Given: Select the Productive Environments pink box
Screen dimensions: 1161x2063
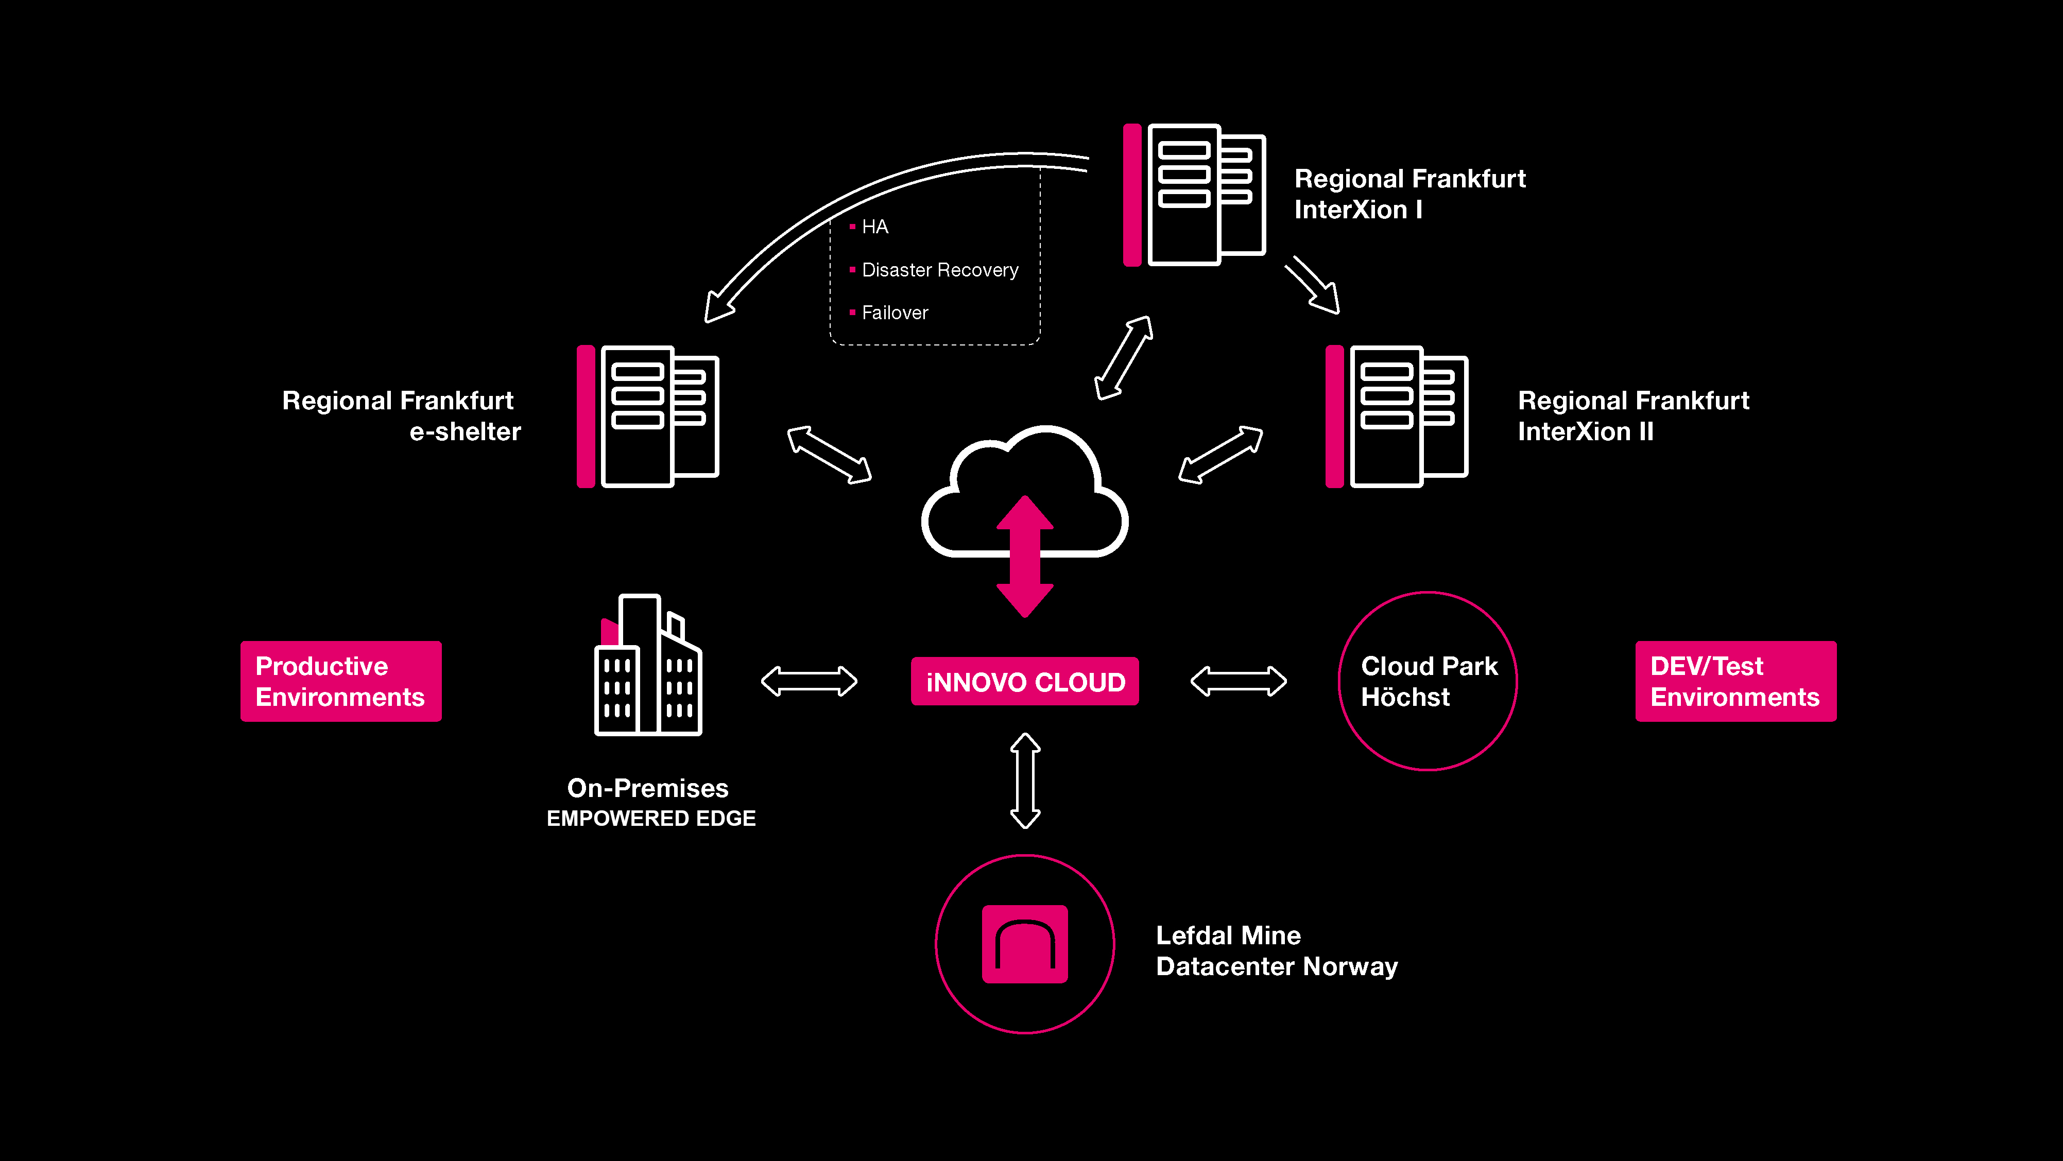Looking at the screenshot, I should [340, 681].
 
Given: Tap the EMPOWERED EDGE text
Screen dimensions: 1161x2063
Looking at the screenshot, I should [650, 818].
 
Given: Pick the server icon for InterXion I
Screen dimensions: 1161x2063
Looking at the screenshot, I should [1194, 195].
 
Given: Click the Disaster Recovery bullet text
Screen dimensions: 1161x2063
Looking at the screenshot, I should [939, 270].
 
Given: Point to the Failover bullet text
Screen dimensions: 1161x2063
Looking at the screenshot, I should [895, 313].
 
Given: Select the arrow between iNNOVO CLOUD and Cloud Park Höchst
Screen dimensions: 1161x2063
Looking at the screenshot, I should [1238, 681].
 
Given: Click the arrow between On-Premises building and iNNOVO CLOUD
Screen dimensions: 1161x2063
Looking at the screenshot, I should [809, 681].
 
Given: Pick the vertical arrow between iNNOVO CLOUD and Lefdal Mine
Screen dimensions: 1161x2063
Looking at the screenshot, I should [1025, 781].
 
